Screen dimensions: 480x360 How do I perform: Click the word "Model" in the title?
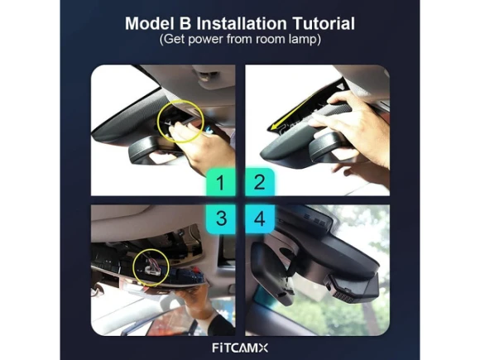tap(147, 23)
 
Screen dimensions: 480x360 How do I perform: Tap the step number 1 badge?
tap(220, 182)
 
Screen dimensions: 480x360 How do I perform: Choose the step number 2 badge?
tap(260, 182)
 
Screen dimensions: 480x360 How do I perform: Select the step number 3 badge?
tap(220, 219)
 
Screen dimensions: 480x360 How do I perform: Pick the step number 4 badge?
tap(260, 219)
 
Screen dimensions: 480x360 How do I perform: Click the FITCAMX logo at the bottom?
tap(240, 348)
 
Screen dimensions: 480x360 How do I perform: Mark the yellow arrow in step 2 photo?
tap(294, 112)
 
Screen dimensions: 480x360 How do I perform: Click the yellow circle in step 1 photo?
tap(158, 122)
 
